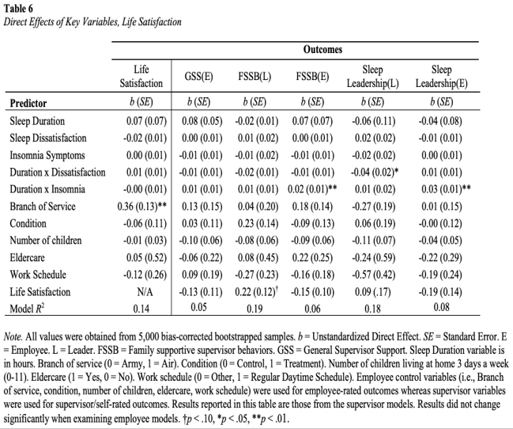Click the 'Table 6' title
[x=18, y=9]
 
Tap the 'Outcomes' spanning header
[x=323, y=50]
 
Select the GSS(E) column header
[x=198, y=77]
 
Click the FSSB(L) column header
[x=255, y=77]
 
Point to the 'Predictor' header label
[x=28, y=103]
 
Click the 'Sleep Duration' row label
[x=37, y=121]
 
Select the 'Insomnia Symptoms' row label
[x=47, y=155]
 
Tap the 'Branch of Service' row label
[x=43, y=206]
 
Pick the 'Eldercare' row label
[x=27, y=257]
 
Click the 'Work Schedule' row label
[x=38, y=275]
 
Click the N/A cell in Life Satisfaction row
[x=145, y=292]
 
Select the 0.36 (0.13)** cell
[x=142, y=207]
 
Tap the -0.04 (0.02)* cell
[x=375, y=173]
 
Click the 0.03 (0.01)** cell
[x=446, y=189]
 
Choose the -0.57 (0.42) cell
[x=373, y=275]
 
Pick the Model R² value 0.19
[x=255, y=309]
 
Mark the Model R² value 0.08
[x=441, y=307]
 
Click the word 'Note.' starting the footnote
[x=13, y=336]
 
